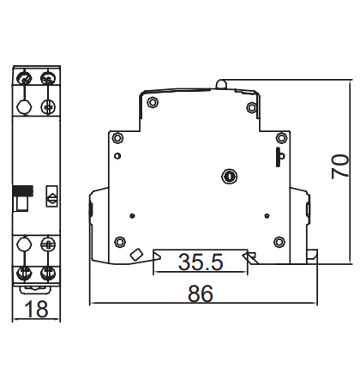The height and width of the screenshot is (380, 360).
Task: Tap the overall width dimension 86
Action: click(x=200, y=293)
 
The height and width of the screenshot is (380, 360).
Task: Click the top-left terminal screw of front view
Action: click(x=24, y=80)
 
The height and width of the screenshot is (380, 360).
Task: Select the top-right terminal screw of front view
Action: click(x=49, y=80)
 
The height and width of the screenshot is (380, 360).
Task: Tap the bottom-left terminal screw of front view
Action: click(x=24, y=274)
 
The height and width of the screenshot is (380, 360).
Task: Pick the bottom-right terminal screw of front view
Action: click(x=49, y=274)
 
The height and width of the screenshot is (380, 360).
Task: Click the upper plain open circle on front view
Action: click(x=24, y=106)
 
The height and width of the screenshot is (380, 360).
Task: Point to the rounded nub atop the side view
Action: click(x=223, y=84)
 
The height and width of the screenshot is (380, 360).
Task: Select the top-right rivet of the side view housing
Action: click(x=252, y=107)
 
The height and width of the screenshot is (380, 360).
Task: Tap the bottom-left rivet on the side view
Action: click(x=120, y=241)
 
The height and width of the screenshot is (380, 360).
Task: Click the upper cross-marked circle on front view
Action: click(x=49, y=106)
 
